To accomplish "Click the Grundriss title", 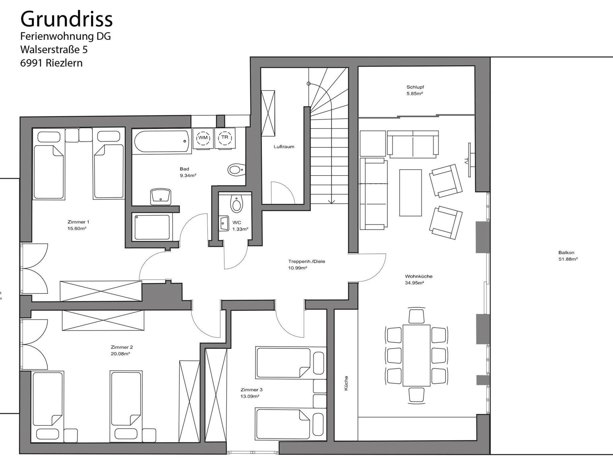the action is [x=66, y=19].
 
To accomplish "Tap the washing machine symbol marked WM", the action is [x=203, y=138].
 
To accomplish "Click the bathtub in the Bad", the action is [x=162, y=141].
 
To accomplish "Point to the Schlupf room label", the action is [x=415, y=87].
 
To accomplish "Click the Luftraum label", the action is [x=284, y=147].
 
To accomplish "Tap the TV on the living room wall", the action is [x=470, y=160].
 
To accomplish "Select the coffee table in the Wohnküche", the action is [x=410, y=193].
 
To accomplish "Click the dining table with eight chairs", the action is [x=416, y=355].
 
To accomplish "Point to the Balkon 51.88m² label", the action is [x=568, y=256].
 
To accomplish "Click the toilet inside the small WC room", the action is [x=236, y=204].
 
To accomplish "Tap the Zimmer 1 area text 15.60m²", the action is [x=77, y=229].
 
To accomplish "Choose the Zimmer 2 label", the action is [x=122, y=347].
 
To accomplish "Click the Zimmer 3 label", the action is [x=251, y=390].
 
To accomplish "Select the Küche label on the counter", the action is [x=346, y=383].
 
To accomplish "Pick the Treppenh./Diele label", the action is [x=306, y=261].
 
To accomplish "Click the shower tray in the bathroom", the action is [x=152, y=227].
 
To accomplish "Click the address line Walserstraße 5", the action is [x=54, y=50].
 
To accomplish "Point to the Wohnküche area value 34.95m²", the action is [x=415, y=283].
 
